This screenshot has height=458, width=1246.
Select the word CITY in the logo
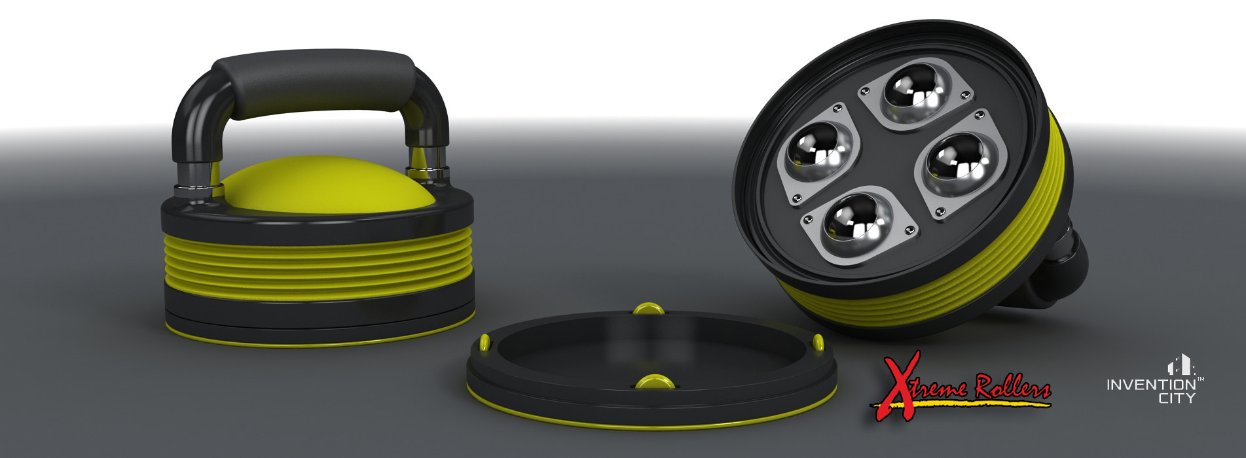[1177, 398]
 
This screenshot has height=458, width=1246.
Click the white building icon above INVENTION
[1177, 365]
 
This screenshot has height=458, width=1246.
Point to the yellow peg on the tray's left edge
[485, 342]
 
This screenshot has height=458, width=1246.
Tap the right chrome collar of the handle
[426, 171]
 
